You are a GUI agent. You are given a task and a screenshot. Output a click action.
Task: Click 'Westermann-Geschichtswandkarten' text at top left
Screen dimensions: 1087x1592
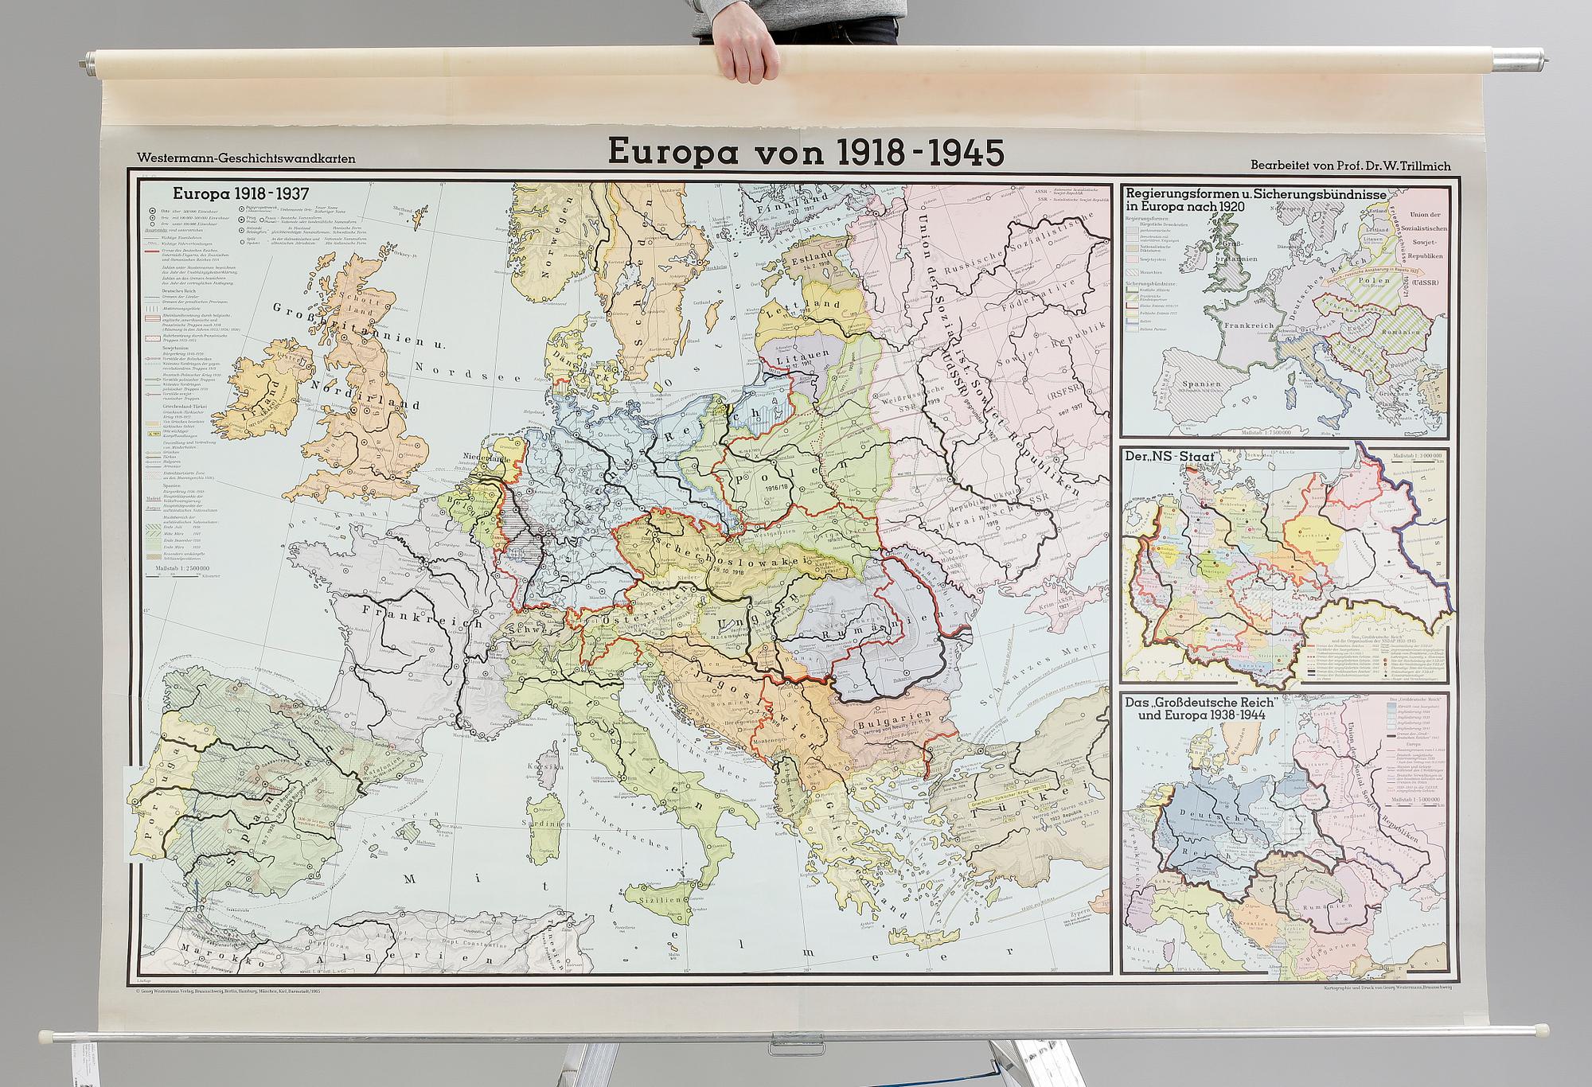tap(246, 159)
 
